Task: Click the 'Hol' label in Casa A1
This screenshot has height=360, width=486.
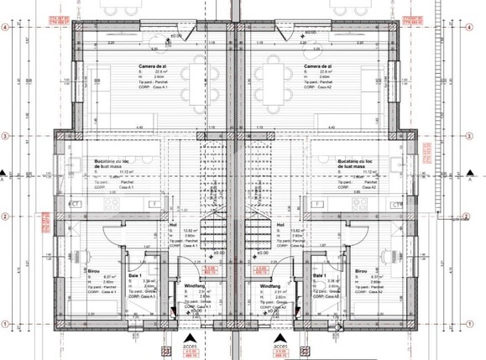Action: [x=173, y=225]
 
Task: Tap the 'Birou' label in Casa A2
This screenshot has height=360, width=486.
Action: [x=361, y=272]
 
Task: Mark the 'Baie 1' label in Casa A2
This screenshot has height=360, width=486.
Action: [x=319, y=275]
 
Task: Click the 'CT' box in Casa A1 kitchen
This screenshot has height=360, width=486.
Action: [x=74, y=204]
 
